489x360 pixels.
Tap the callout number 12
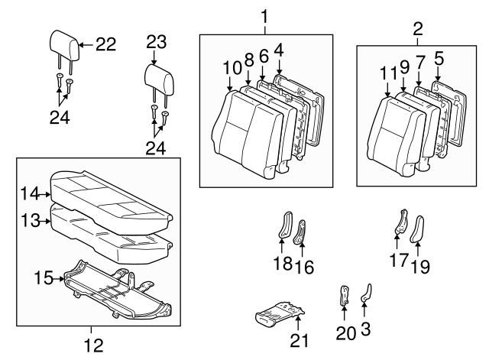pyautogui.click(x=92, y=345)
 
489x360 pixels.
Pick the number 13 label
pyautogui.click(x=29, y=221)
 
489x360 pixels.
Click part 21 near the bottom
pyautogui.click(x=280, y=313)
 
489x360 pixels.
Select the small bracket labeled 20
pyautogui.click(x=345, y=296)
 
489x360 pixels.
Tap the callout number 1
pyautogui.click(x=264, y=15)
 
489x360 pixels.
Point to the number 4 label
pyautogui.click(x=278, y=50)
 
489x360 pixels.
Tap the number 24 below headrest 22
pyautogui.click(x=63, y=118)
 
